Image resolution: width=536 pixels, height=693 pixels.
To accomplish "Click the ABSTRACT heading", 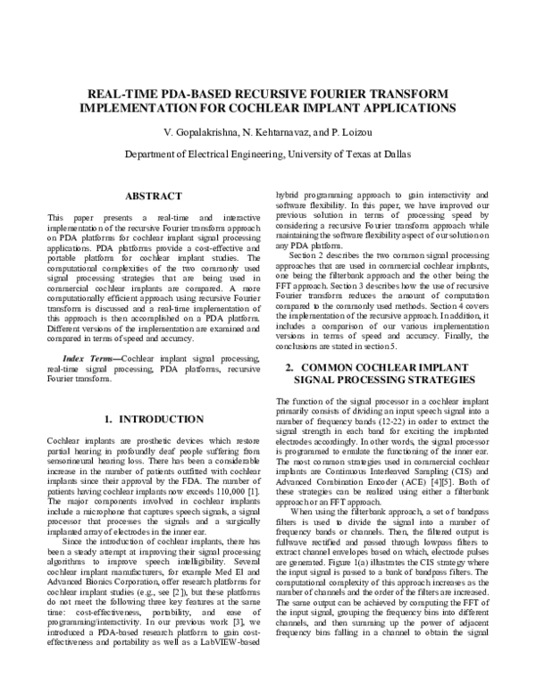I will click(154, 195).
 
